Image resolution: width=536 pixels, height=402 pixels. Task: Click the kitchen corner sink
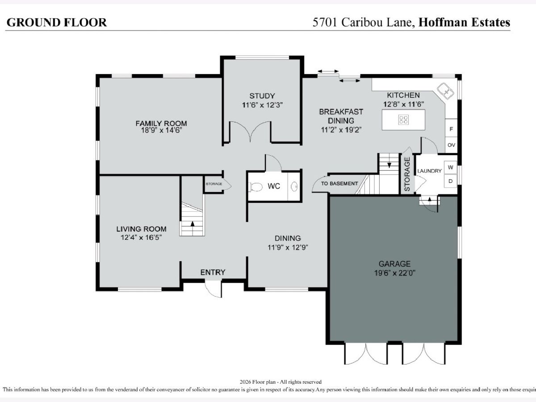pos(445,91)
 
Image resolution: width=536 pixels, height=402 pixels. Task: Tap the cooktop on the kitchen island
pos(403,120)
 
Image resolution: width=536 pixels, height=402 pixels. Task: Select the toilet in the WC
pos(255,187)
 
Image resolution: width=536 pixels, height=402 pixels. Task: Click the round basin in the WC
pos(294,187)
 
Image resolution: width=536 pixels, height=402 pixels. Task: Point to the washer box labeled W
pos(450,167)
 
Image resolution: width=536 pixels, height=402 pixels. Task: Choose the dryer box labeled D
pos(450,181)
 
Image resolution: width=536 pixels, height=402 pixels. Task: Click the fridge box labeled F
pos(451,129)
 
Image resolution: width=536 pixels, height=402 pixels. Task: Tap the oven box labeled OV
pos(451,145)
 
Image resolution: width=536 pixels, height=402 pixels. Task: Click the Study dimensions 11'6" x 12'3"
pos(262,105)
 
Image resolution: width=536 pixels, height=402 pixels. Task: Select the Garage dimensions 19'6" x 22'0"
pos(394,273)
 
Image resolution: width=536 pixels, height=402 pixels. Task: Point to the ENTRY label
pos(213,272)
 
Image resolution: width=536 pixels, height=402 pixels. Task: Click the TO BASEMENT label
pos(339,184)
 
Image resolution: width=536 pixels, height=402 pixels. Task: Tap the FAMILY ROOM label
pos(161,123)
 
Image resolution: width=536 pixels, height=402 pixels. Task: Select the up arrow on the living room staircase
pos(193,223)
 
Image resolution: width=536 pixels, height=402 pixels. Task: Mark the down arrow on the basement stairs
pos(389,165)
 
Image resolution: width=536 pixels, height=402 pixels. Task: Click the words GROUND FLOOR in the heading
pos(57,22)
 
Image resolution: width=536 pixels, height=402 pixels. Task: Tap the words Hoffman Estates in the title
pos(464,22)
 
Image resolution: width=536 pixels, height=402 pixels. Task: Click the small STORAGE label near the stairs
pos(214,184)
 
